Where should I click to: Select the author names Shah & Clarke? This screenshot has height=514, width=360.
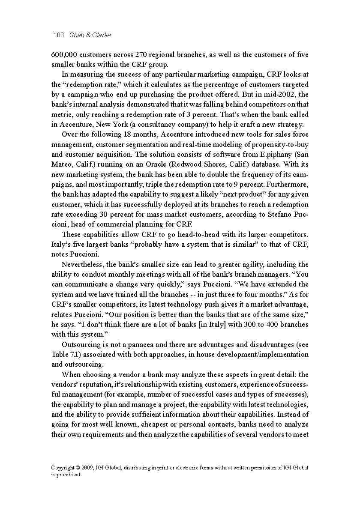pos(90,35)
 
